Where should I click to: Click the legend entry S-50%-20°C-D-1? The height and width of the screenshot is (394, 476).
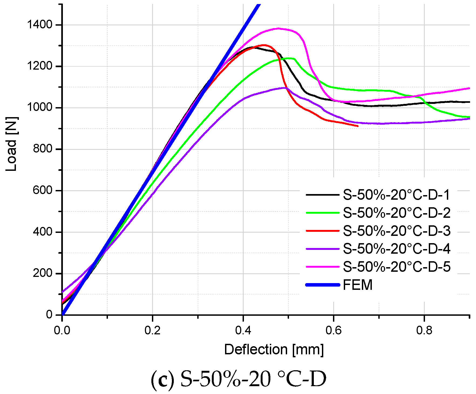tap(396, 195)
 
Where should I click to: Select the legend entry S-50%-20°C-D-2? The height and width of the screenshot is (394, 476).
tap(396, 213)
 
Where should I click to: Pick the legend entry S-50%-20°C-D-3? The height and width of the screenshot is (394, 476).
tap(396, 231)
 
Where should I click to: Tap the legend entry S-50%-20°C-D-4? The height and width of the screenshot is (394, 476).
tap(396, 249)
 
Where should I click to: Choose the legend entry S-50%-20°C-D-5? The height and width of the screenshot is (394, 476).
tap(396, 267)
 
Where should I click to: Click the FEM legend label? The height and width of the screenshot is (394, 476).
tap(358, 285)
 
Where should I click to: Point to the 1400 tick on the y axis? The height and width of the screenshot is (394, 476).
tap(39, 25)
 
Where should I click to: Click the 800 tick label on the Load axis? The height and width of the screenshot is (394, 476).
tap(42, 149)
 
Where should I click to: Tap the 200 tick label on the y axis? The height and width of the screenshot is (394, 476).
tap(42, 273)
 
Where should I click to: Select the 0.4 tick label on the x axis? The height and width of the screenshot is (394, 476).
tap(243, 330)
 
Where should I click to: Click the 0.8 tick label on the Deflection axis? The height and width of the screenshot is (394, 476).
tap(424, 330)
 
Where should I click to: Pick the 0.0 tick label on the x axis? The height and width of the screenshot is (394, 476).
tap(62, 330)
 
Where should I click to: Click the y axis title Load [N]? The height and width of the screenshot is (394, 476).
tap(12, 144)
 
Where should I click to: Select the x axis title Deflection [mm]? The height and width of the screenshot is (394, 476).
tap(274, 350)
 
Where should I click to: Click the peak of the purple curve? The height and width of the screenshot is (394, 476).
tap(285, 88)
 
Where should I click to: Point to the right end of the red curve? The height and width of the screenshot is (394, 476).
tap(358, 126)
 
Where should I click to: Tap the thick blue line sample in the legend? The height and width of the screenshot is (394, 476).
tap(322, 285)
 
